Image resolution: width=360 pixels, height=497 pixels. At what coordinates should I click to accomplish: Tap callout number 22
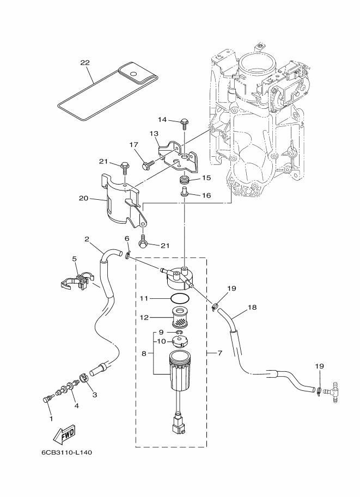[84, 63]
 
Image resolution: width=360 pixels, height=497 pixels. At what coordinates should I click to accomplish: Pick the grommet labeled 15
[185, 180]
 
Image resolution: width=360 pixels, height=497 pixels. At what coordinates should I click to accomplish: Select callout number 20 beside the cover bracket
[83, 199]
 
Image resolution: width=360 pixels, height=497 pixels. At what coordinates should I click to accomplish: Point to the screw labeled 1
[47, 400]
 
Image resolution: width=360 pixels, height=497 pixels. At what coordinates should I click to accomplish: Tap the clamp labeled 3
[84, 377]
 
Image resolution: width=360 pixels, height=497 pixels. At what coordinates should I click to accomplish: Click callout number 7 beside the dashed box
[219, 353]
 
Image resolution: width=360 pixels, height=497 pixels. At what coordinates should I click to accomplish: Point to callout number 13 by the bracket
[154, 133]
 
